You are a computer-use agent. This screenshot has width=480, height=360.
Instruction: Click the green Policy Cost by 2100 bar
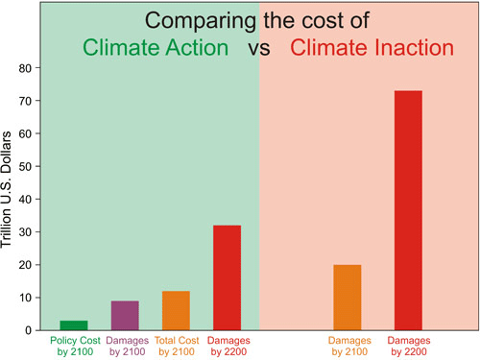click(74, 325)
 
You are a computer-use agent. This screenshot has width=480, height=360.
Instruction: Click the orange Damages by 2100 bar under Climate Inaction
click(348, 297)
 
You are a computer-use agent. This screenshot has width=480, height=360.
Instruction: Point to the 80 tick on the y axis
click(26, 68)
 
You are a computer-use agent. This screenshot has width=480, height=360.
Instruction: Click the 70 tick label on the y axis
click(26, 101)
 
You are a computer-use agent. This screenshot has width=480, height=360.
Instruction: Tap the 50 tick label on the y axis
click(26, 167)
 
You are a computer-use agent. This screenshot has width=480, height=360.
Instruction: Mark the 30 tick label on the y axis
click(26, 232)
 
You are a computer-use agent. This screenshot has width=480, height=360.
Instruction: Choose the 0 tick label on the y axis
click(29, 330)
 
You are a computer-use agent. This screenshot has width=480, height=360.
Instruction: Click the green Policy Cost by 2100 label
click(74, 345)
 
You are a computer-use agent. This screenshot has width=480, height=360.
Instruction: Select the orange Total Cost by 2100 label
click(176, 345)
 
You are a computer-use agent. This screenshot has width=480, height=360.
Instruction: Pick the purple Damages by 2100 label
click(125, 345)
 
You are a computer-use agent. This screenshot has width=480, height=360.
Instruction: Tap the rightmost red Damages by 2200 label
click(408, 345)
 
